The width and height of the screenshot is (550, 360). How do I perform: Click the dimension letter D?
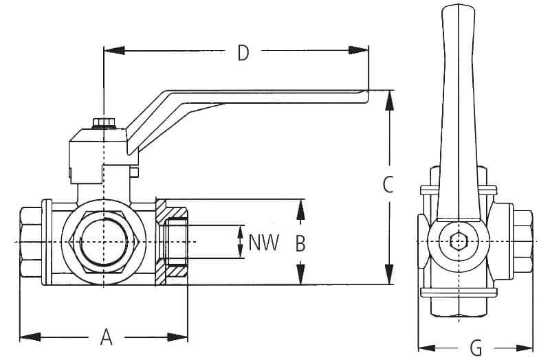[x=242, y=52]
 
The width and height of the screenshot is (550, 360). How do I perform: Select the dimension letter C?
[x=388, y=184]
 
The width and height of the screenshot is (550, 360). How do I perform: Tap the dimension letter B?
[x=300, y=243]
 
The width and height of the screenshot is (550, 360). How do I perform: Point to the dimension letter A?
[x=107, y=337]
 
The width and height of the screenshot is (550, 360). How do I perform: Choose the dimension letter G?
[x=476, y=348]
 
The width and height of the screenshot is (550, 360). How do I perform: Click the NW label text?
[x=264, y=243]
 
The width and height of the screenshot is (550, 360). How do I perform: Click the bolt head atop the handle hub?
[x=103, y=123]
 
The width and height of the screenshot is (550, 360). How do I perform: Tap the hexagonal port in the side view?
[x=103, y=243]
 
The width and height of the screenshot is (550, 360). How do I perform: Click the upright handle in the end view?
[x=456, y=103]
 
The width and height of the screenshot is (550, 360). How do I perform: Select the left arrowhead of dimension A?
[x=27, y=337]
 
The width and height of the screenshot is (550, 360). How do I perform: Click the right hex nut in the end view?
[x=522, y=242]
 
